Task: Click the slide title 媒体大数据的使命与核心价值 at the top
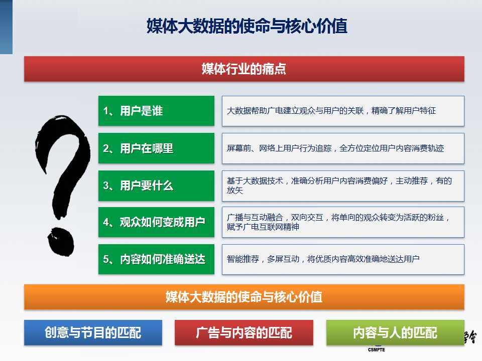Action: click(247, 26)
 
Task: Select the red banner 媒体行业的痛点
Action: click(244, 69)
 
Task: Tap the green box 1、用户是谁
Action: click(156, 111)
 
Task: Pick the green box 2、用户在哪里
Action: click(156, 148)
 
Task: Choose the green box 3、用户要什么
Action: click(156, 186)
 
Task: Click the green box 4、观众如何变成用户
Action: click(156, 222)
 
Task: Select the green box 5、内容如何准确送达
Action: click(156, 259)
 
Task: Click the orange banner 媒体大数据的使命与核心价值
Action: click(244, 297)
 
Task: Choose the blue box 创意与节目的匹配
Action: click(93, 332)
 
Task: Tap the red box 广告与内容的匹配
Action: click(244, 332)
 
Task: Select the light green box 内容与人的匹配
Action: click(395, 332)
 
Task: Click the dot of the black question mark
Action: click(61, 242)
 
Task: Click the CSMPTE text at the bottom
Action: click(376, 349)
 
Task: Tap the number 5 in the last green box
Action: click(106, 259)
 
